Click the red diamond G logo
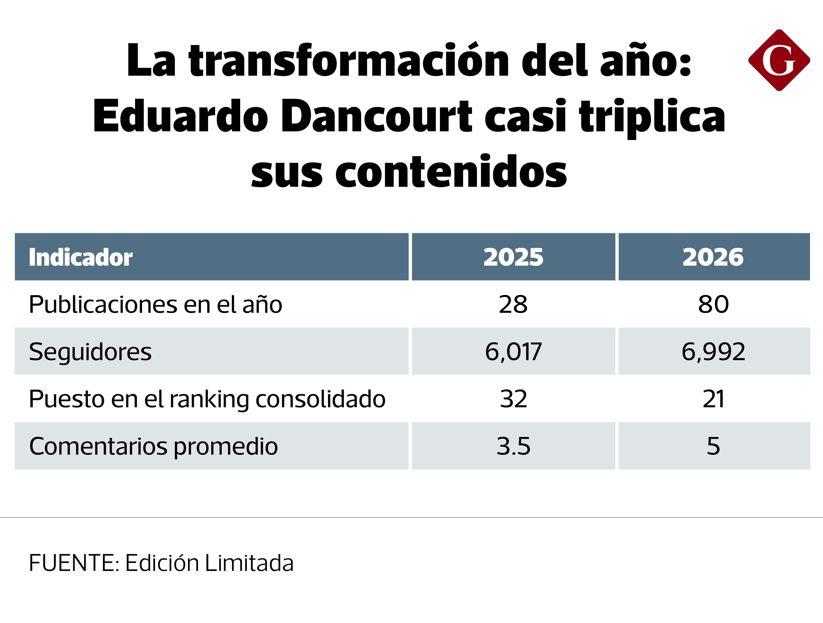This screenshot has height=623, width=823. pos(779,60)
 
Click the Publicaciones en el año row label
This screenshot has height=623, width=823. pos(155,304)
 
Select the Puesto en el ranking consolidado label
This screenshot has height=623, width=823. pos(207,399)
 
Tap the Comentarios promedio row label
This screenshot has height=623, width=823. pos(153,446)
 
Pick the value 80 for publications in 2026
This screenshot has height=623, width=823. pos(713,304)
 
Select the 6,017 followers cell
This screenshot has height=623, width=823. pos(513,352)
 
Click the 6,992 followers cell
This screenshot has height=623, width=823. pos(713,352)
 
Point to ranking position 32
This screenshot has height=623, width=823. pos(513,399)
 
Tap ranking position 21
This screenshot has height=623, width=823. pos(713,399)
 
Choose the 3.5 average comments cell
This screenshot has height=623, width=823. pos(513,446)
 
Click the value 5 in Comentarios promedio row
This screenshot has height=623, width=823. pos(713,446)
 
